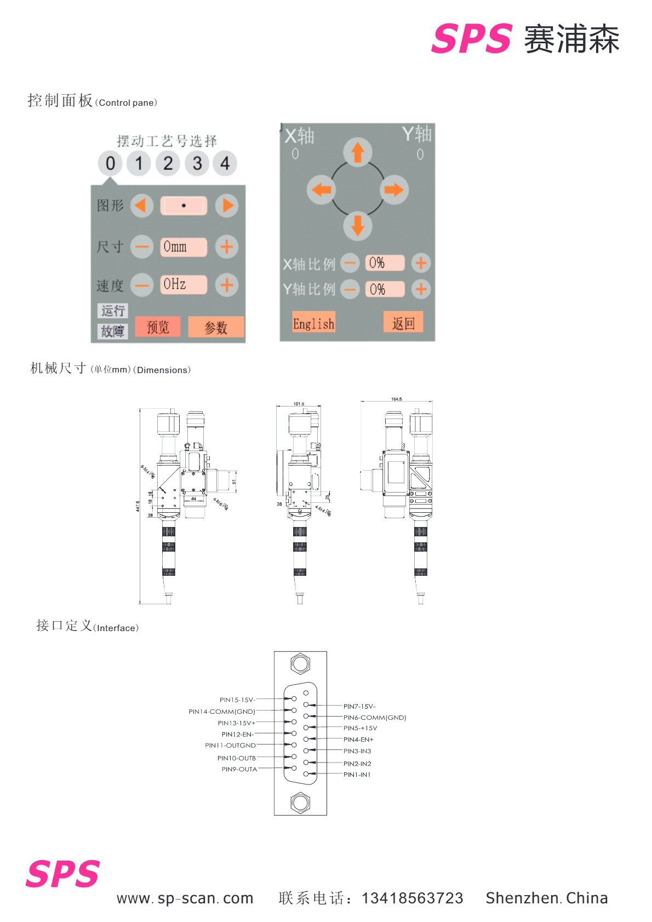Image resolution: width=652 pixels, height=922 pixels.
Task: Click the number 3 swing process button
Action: pos(197,163)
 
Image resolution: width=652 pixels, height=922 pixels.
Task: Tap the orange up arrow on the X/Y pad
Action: pos(358,152)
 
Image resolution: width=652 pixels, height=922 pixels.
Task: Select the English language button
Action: pos(313,323)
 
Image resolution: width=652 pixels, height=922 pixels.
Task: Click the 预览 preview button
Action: pos(158,327)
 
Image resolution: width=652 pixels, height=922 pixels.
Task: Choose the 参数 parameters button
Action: pos(216,328)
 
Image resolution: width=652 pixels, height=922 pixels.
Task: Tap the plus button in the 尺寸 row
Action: pos(226,247)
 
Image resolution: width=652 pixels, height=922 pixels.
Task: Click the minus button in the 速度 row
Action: pos(142,285)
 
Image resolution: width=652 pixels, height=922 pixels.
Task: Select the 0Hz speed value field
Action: pos(184,284)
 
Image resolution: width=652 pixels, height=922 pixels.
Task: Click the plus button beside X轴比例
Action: pos(421,263)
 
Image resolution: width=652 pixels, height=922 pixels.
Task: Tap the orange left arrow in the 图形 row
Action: pos(141,205)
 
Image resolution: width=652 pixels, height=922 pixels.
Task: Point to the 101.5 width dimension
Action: pos(299,404)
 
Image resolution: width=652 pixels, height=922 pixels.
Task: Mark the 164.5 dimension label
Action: pos(396,399)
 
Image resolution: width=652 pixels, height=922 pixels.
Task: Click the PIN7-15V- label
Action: pos(359,707)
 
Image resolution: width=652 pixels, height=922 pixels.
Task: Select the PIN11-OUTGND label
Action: pos(230,746)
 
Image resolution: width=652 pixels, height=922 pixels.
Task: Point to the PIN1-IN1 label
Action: pos(357,775)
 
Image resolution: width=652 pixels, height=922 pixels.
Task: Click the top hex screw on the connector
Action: pos(300,664)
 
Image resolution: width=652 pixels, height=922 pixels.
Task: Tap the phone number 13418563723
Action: pos(412,898)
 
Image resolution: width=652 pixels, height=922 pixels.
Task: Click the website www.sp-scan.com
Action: pos(185,899)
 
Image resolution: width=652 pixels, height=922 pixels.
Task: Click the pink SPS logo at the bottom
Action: pos(63,874)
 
